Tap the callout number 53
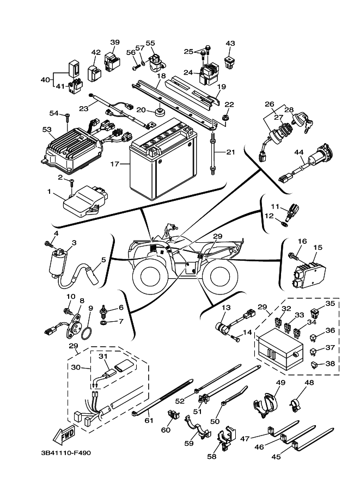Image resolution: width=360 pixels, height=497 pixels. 46,130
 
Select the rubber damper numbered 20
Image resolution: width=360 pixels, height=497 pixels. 159,113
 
